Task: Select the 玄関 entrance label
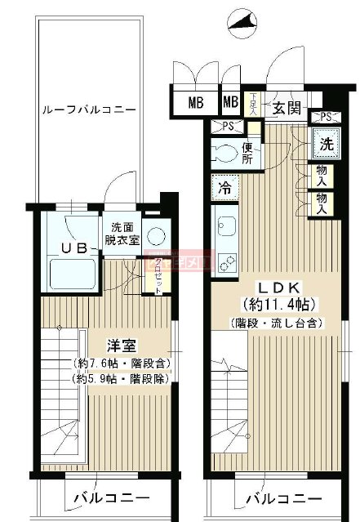tap(286, 108)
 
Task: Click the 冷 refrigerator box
tap(224, 187)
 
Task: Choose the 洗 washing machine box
tap(327, 143)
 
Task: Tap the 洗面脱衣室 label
tap(122, 234)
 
